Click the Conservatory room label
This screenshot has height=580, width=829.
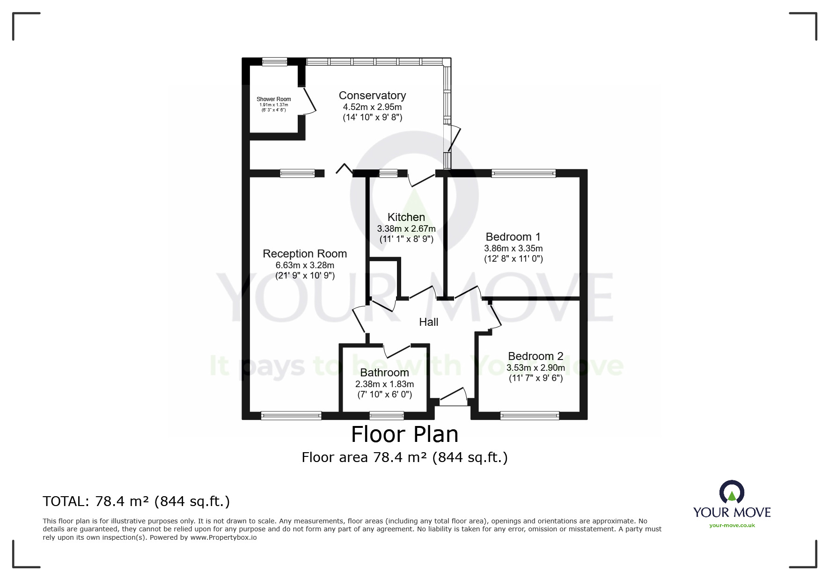click(x=372, y=95)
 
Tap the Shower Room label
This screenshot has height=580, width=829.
click(x=274, y=99)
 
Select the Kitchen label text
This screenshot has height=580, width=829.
click(x=406, y=217)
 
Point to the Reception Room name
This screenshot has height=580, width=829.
click(x=305, y=254)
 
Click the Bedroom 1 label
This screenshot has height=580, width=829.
click(x=514, y=237)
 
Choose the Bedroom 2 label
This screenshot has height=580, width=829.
click(x=536, y=356)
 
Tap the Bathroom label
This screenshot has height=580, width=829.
click(x=385, y=373)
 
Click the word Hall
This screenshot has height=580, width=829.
click(x=429, y=322)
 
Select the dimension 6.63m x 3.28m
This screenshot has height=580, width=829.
click(x=305, y=265)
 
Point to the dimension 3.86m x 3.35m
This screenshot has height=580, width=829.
click(x=514, y=249)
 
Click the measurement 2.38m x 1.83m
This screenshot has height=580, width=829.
click(x=385, y=384)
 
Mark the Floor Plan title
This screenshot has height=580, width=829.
click(x=405, y=434)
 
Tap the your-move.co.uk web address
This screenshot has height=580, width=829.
click(x=732, y=525)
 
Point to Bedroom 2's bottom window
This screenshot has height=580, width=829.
click(x=529, y=415)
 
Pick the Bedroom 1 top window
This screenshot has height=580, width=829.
click(x=523, y=173)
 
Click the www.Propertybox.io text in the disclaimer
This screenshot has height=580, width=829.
click(x=223, y=537)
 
